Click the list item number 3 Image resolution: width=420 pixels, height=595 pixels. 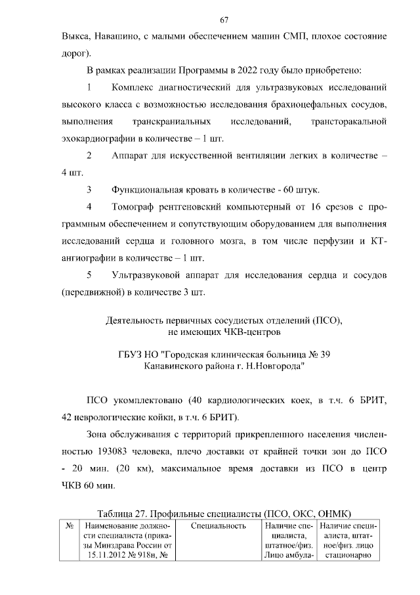tap(89, 190)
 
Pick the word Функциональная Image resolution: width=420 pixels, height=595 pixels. tap(148, 190)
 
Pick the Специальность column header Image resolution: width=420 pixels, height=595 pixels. tap(219, 525)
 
